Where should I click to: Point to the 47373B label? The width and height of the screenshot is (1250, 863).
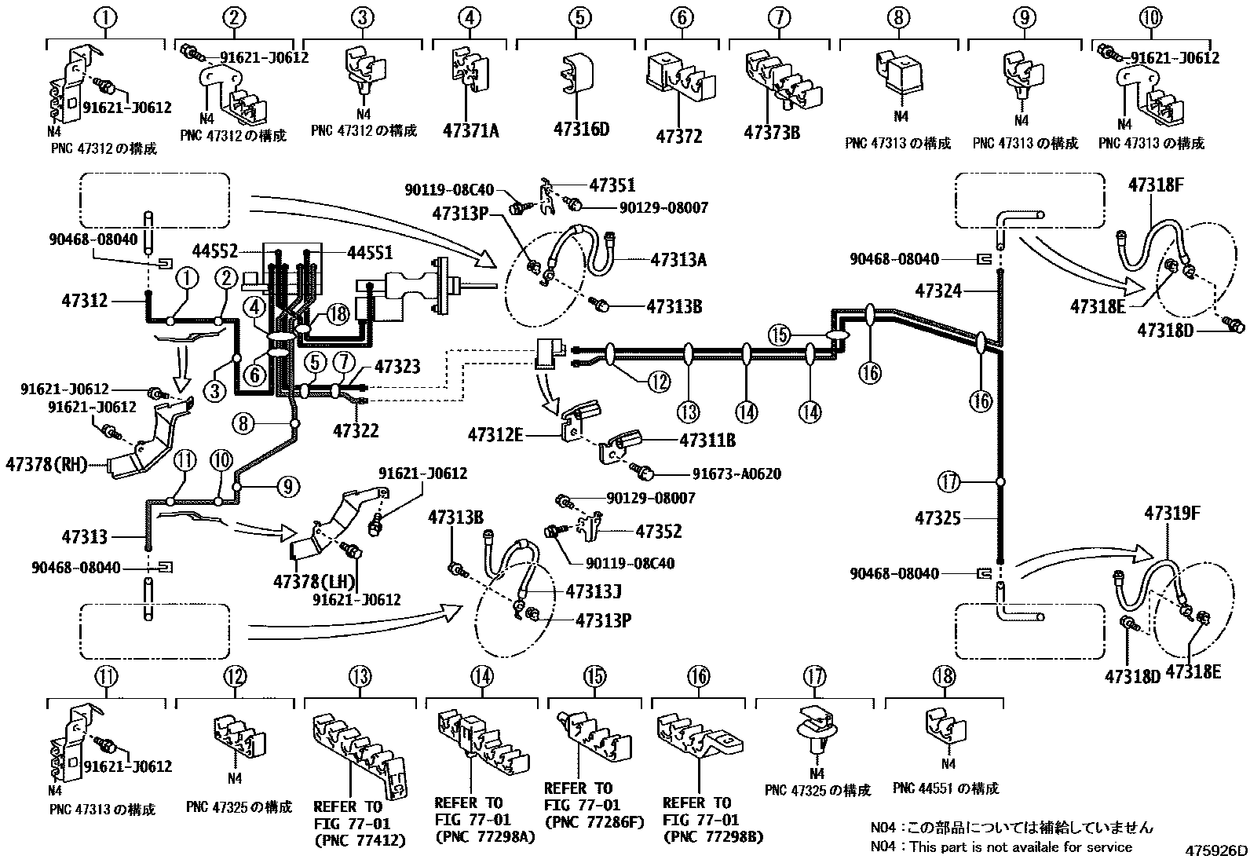click(772, 132)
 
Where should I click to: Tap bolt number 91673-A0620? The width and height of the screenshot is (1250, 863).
click(736, 474)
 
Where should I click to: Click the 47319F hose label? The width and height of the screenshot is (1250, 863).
click(1171, 514)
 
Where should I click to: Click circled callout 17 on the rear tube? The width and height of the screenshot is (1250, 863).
click(950, 481)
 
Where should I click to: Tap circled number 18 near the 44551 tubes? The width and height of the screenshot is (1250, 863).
click(338, 316)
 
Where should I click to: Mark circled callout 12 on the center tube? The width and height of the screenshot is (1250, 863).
click(659, 382)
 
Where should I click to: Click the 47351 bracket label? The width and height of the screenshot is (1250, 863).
click(612, 186)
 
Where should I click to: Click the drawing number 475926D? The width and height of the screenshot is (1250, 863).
click(1215, 851)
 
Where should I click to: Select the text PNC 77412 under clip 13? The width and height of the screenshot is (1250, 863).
click(359, 840)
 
